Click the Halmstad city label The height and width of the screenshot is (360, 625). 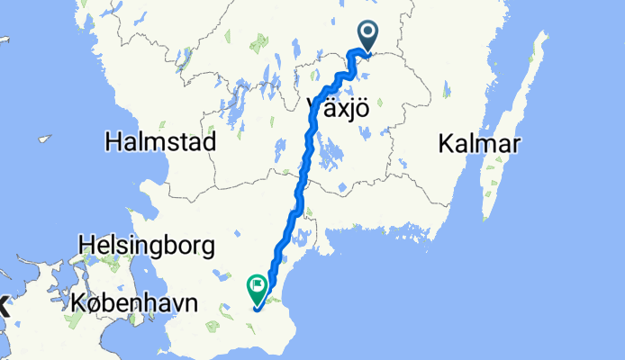click(160, 142)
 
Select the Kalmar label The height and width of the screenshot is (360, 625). click(472, 142)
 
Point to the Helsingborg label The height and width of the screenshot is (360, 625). click(146, 244)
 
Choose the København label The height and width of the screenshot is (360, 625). click(133, 303)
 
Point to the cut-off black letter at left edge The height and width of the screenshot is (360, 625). click(3, 305)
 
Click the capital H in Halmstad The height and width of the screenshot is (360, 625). click(113, 142)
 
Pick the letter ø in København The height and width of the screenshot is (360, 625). click(100, 303)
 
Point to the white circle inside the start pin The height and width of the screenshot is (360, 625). click(369, 33)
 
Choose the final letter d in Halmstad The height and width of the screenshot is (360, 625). click(209, 142)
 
